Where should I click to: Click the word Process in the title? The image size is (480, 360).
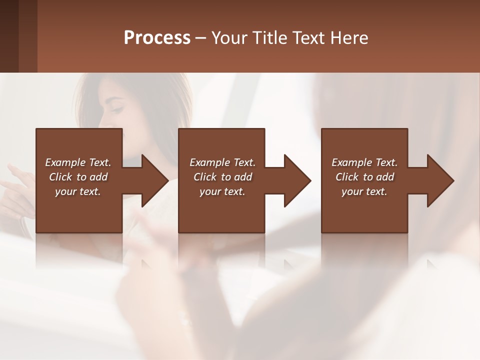157,38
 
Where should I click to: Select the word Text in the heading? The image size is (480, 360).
311,38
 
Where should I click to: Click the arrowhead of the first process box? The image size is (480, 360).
154,180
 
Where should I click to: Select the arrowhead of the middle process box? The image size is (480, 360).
296,180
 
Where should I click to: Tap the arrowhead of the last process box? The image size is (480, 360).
439,180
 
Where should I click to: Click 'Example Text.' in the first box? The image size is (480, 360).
78,162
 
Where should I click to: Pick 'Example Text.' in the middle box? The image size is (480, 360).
222,162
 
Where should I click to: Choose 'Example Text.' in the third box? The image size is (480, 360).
364,162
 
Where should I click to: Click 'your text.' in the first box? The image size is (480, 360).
78,191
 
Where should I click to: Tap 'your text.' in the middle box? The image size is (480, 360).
222,191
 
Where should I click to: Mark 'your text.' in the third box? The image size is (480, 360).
364,191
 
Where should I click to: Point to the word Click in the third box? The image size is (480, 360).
347,177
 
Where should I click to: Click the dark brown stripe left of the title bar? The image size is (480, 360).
9,36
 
